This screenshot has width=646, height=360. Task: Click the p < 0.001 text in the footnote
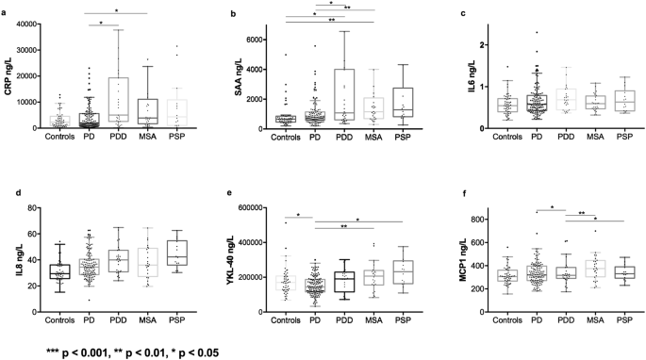(77, 352)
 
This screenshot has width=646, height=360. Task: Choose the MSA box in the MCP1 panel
(589, 269)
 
